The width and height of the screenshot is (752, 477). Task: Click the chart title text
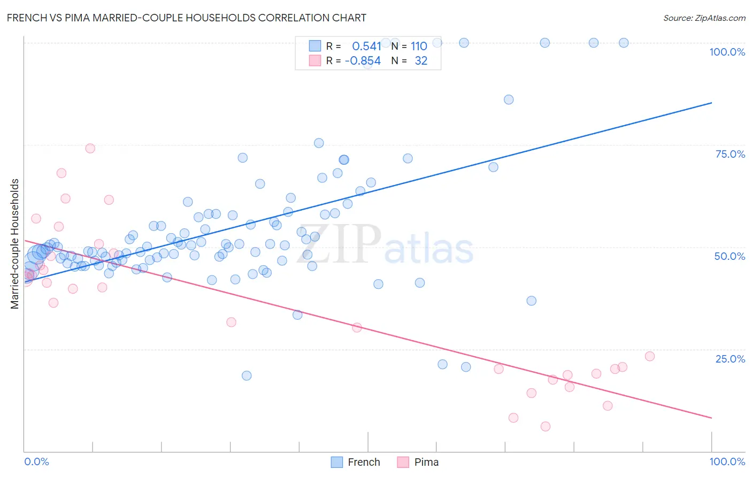coord(186,18)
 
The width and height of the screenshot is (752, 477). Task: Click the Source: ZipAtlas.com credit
coord(704,18)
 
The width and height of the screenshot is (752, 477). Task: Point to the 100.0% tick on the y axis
coord(727,52)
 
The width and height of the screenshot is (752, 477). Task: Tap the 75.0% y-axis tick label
coord(730,154)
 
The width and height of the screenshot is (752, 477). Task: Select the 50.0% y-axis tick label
coord(730,256)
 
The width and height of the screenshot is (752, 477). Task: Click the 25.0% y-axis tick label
coord(730,358)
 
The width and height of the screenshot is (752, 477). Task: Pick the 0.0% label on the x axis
coord(36,461)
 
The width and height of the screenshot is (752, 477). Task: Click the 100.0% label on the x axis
coord(727,461)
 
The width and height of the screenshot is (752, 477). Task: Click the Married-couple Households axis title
coord(15,243)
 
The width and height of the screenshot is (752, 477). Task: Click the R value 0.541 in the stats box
coord(366,47)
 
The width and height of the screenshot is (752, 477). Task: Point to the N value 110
coord(419,47)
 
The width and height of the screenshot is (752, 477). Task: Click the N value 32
coord(421,61)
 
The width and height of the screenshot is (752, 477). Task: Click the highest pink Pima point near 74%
coord(90,148)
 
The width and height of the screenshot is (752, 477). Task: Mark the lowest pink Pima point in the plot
coord(546,426)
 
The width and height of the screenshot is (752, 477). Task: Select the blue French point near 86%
coord(509,99)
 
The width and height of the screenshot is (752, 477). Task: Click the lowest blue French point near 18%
coord(247,375)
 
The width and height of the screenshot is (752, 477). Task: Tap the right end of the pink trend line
coord(711,418)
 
